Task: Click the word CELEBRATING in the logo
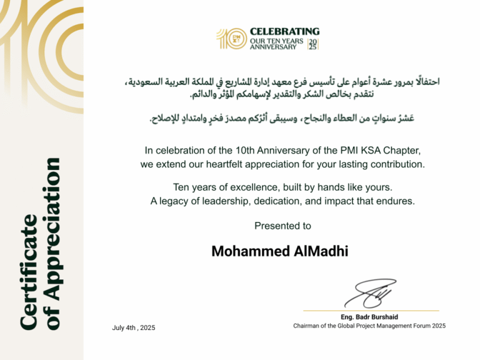(284, 31)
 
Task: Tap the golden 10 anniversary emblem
(230, 39)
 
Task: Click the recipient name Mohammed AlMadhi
(279, 251)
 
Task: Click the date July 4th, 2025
(134, 327)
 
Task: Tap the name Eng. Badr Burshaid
(369, 317)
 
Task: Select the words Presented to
(282, 226)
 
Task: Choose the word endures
(398, 201)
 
